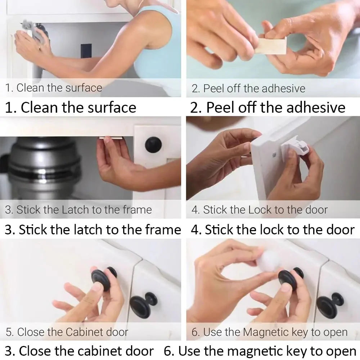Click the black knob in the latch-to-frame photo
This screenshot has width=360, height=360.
coord(153,145)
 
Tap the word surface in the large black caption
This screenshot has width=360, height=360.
coord(111,108)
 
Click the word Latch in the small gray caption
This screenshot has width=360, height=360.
coord(76,210)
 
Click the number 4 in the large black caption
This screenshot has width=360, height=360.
coord(195,230)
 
